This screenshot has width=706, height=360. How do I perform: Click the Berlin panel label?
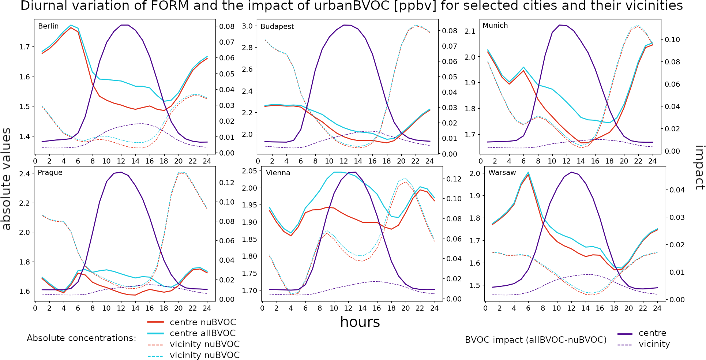point(48,26)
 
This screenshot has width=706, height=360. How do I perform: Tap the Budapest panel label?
point(277,27)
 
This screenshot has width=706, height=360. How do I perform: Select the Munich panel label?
point(495,26)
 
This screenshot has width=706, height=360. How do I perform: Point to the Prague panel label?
point(50,173)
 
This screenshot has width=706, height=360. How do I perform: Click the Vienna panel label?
point(278,173)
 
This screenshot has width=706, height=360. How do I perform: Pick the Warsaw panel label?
point(502,173)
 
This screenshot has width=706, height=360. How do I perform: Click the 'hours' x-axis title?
point(360,322)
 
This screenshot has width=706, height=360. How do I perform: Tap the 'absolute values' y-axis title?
point(6,179)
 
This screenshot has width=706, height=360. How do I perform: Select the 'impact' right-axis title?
point(699,168)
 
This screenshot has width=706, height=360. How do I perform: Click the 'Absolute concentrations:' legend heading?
point(81,338)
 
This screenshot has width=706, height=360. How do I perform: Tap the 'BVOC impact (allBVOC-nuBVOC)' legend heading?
point(536,340)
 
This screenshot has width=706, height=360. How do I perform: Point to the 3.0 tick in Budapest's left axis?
point(247,26)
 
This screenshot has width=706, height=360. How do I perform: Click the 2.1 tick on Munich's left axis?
point(470,31)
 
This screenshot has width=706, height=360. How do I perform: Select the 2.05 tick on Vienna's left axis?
point(249,171)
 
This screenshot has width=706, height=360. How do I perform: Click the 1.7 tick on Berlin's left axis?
point(25,47)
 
